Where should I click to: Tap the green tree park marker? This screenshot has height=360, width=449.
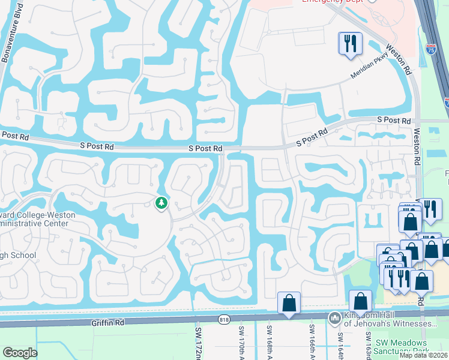[x=161, y=204]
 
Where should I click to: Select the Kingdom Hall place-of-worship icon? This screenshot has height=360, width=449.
[x=334, y=317]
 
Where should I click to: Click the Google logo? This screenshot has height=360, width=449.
[x=19, y=353]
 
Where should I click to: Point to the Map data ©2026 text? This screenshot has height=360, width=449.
[x=423, y=355]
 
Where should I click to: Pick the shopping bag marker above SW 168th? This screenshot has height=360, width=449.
[x=289, y=304]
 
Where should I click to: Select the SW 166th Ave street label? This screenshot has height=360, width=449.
[x=312, y=340]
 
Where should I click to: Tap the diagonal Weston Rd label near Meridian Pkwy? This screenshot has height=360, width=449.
[x=398, y=58]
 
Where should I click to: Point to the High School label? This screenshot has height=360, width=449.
[x=18, y=256]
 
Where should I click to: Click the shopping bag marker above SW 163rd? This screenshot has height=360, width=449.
[x=360, y=301]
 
